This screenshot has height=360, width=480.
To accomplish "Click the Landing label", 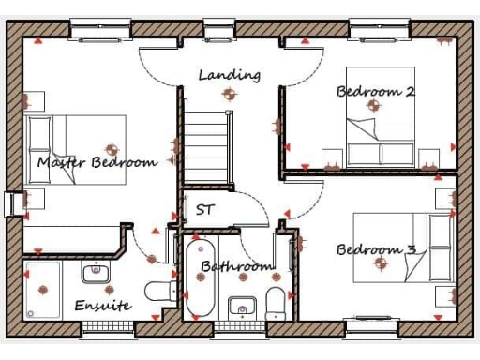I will [229, 75].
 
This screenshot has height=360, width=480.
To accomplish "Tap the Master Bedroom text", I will [97, 162].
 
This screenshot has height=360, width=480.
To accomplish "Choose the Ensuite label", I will [103, 307].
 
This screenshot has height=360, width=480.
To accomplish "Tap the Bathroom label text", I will [236, 267].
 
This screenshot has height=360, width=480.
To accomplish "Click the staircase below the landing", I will [207, 144].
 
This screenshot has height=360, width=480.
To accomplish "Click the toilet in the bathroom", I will [276, 303].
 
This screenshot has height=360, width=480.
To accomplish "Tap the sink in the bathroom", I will [242, 307].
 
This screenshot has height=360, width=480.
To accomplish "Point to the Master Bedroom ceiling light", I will [112, 148].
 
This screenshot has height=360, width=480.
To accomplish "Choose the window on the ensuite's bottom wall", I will [108, 328].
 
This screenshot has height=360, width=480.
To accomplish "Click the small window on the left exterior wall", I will [12, 203].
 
